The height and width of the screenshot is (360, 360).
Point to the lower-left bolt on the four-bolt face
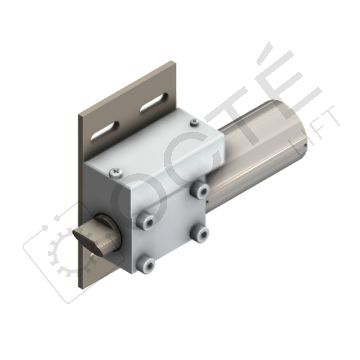tap(146, 264)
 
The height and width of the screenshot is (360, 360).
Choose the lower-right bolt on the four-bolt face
tap(202, 235)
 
